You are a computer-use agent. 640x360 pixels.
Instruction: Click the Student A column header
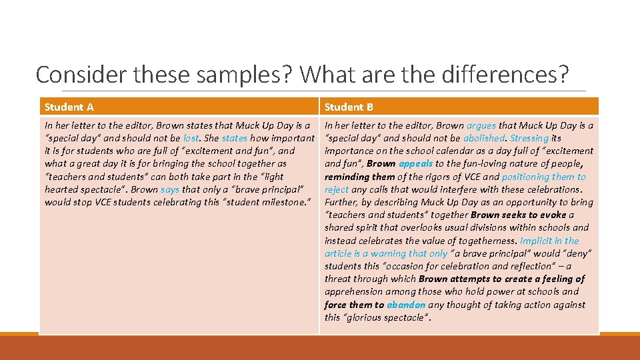pyautogui.click(x=69, y=107)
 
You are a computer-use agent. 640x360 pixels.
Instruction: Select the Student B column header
pyautogui.click(x=349, y=107)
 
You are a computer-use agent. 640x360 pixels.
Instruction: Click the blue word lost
pyautogui.click(x=191, y=138)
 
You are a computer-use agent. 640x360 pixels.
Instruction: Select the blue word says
pyautogui.click(x=170, y=189)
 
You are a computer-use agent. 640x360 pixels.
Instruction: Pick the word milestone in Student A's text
pyautogui.click(x=281, y=202)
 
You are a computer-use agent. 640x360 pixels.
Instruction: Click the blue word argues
pyautogui.click(x=481, y=125)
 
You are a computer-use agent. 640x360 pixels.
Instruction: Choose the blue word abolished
pyautogui.click(x=485, y=138)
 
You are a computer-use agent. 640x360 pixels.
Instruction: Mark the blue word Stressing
pyautogui.click(x=529, y=138)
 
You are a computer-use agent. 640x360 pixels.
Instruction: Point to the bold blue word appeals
pyautogui.click(x=415, y=163)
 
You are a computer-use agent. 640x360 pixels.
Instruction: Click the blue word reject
pyautogui.click(x=337, y=189)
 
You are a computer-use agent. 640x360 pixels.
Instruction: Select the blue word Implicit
pyautogui.click(x=536, y=241)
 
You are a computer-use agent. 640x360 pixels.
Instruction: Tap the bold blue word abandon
pyautogui.click(x=405, y=305)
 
